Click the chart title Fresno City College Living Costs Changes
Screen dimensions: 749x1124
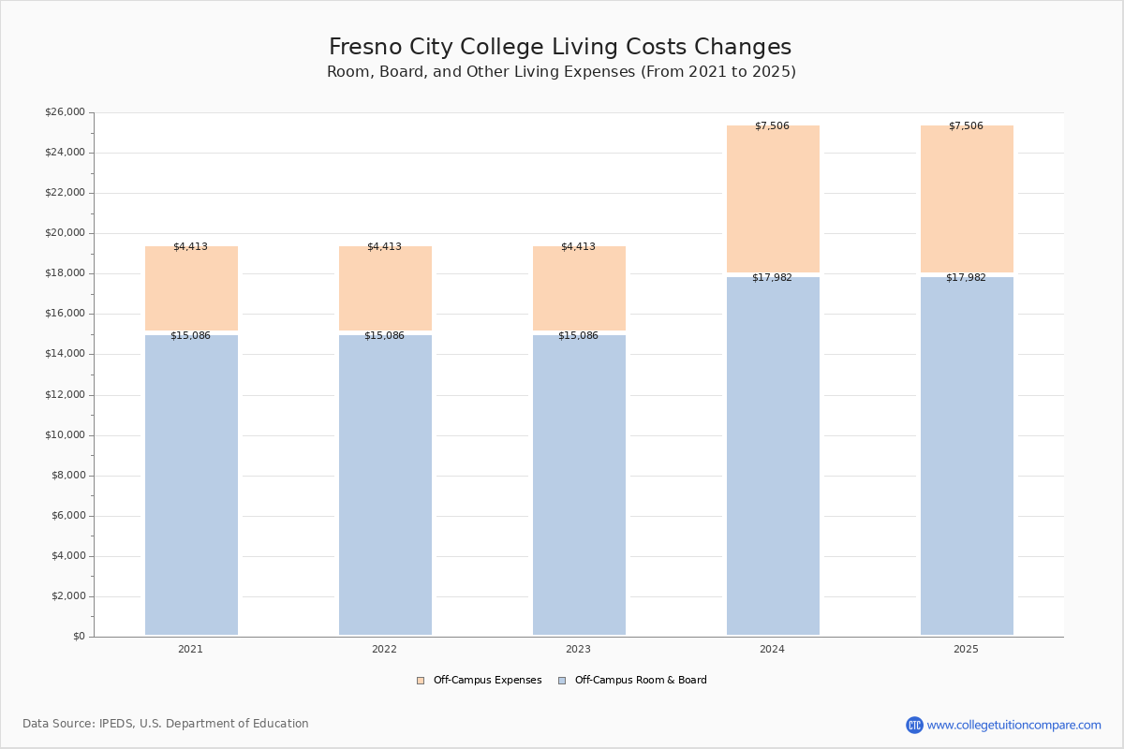[x=560, y=48]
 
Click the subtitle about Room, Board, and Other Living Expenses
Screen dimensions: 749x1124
[x=561, y=72]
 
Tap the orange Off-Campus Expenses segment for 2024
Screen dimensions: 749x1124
[x=773, y=198]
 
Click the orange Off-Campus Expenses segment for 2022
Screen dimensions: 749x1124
[x=385, y=288]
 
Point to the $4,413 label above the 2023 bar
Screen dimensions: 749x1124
[x=578, y=247]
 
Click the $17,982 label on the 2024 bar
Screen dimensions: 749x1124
[x=772, y=278]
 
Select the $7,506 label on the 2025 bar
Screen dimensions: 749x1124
[x=966, y=126]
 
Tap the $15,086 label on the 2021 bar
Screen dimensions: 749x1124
[x=190, y=336]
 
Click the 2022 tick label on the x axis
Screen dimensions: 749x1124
[x=384, y=650]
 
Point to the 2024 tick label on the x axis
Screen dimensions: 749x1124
[x=772, y=650]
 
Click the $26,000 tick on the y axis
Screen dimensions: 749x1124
[x=65, y=112]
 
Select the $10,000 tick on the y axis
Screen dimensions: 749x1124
[x=65, y=435]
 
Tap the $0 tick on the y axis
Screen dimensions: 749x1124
[x=78, y=637]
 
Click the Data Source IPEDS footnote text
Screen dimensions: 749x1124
[x=166, y=724]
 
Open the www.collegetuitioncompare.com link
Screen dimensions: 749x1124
[x=1013, y=725]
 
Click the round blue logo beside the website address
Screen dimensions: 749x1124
[x=914, y=725]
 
